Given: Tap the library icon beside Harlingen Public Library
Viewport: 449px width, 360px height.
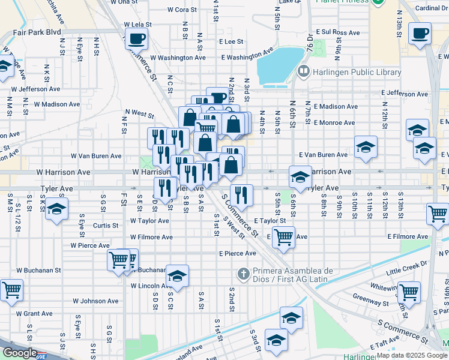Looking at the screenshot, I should [x=304, y=73].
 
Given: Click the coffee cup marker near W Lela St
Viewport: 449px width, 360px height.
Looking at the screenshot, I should [x=136, y=39].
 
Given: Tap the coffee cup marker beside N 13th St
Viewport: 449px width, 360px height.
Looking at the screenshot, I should [x=420, y=33].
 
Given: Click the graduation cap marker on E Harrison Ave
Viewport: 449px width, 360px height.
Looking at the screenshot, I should [x=300, y=176].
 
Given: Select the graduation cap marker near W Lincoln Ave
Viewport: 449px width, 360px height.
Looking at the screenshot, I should [x=177, y=276].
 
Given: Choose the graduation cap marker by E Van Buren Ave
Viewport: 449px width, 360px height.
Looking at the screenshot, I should [x=365, y=147].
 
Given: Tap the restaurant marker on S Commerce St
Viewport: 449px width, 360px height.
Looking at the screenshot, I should [x=241, y=194].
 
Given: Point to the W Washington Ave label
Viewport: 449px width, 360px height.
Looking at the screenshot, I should [x=178, y=58].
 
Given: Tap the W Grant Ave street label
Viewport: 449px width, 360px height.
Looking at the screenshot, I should [x=34, y=313].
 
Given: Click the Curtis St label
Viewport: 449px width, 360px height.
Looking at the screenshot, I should [x=106, y=226].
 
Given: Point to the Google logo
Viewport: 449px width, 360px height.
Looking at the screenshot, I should [x=20, y=352].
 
